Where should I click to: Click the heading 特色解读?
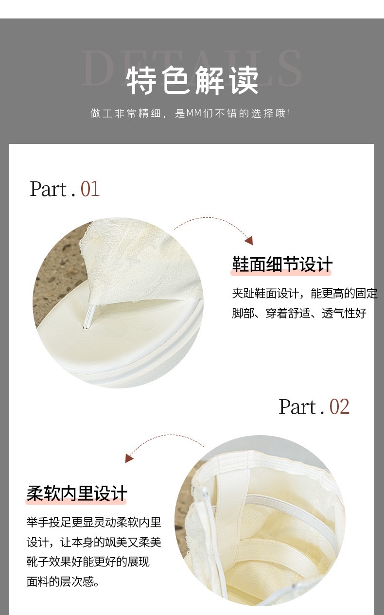click(x=192, y=80)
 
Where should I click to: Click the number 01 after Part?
click(x=90, y=189)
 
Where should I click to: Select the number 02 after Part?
click(x=339, y=406)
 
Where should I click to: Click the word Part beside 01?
click(x=48, y=189)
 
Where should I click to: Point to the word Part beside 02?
click(x=297, y=406)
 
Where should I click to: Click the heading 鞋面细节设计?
click(x=282, y=265)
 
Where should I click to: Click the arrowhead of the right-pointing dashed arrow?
click(x=249, y=241)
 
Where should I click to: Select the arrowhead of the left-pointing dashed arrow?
click(x=129, y=458)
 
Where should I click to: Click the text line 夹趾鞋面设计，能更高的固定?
click(x=304, y=294)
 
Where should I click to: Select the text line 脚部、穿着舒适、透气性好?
click(x=299, y=313)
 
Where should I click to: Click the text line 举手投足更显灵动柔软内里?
click(x=94, y=523)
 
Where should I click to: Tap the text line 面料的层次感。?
click(x=63, y=581)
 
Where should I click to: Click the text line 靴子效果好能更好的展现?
click(x=88, y=562)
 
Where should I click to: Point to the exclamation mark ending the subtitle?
click(x=289, y=114)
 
